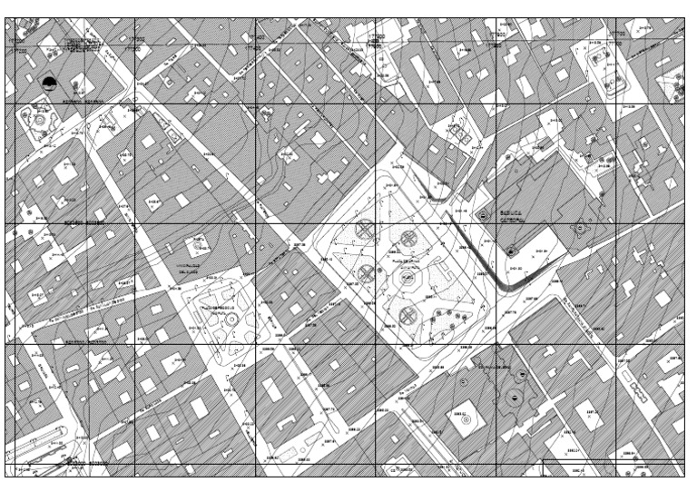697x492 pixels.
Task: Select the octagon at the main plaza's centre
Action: click(x=406, y=278)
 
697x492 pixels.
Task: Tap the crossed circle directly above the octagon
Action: click(x=408, y=239)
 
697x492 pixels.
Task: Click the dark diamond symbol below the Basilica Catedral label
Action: click(x=511, y=250)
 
